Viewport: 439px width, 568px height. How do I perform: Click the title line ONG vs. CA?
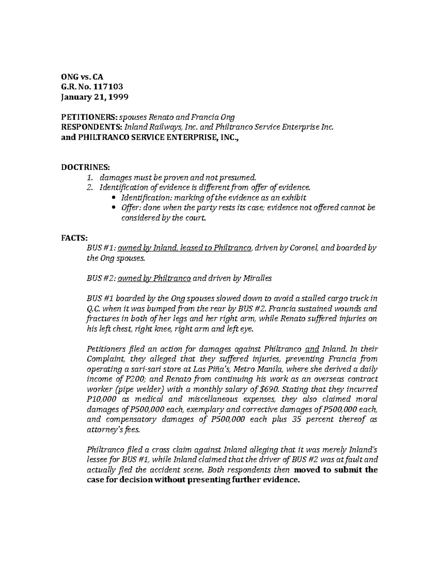click(82, 77)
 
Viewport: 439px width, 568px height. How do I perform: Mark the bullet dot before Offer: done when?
click(114, 208)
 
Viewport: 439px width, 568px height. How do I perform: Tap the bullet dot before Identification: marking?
click(114, 198)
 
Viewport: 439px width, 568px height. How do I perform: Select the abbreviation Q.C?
click(92, 308)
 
